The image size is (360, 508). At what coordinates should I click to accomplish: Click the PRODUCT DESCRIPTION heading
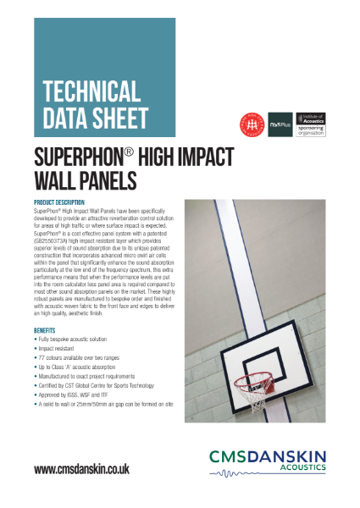click(58, 203)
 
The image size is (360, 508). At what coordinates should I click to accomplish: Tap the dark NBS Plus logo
click(280, 124)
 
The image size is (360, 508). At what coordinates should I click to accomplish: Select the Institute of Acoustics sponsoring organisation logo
click(310, 124)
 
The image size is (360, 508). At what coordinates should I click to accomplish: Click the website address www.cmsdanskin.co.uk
click(81, 468)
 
